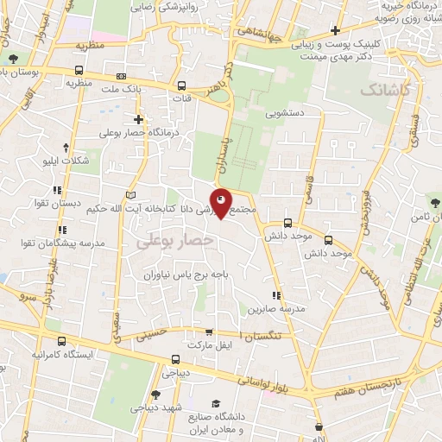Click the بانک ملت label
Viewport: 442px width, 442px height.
(x=120, y=89)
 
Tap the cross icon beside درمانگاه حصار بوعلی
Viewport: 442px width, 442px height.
(x=138, y=119)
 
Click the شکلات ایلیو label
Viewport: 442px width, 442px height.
(x=65, y=161)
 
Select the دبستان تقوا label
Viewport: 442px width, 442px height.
(x=80, y=204)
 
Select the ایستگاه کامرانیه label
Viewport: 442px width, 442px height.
(x=61, y=355)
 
